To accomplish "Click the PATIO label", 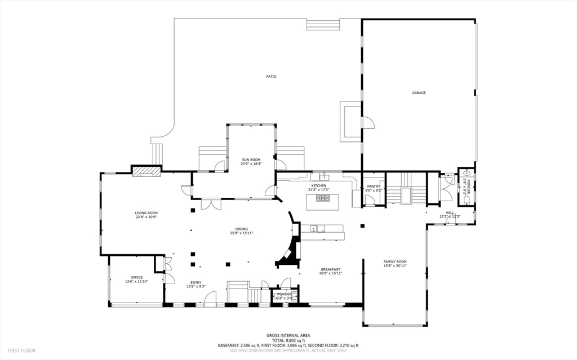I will pyautogui.click(x=272, y=77).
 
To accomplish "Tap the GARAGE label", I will pyautogui.click(x=419, y=92).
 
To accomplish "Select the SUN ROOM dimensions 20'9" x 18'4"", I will pyautogui.click(x=251, y=164).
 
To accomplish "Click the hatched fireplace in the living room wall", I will pyautogui.click(x=147, y=171).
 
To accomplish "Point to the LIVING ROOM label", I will pyautogui.click(x=146, y=212).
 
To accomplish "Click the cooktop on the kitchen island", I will pyautogui.click(x=322, y=198).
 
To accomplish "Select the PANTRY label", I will pyautogui.click(x=374, y=186).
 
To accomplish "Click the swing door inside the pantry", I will pyautogui.click(x=369, y=201).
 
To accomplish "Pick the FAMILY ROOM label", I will pyautogui.click(x=395, y=262).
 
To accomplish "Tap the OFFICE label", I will pyautogui.click(x=136, y=277).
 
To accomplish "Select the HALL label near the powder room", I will pyautogui.click(x=450, y=212).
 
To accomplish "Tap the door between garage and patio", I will pyautogui.click(x=367, y=123).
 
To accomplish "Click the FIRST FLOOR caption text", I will pyautogui.click(x=22, y=350).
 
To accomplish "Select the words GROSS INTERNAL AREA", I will pyautogui.click(x=288, y=335).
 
